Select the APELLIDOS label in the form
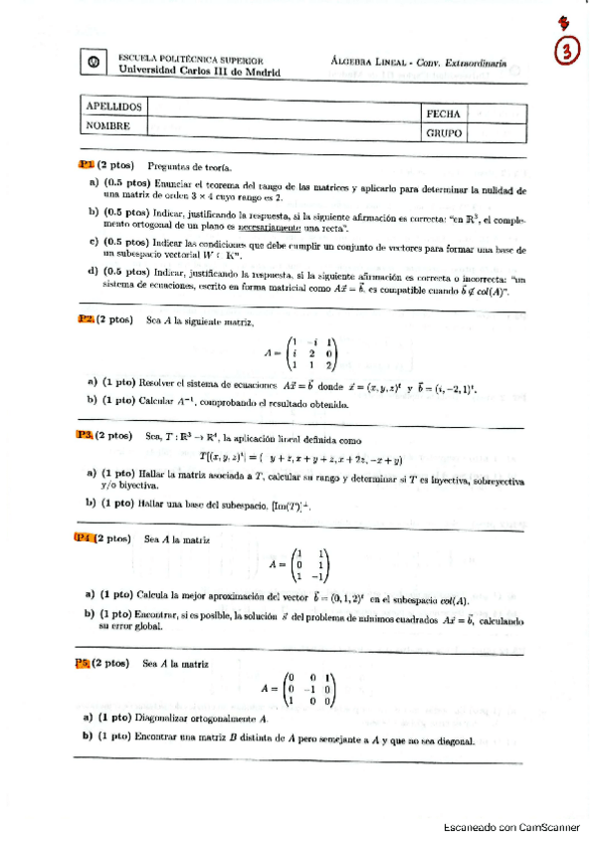coord(113,106)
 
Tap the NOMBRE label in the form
coord(108,125)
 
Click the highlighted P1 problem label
coord(88,165)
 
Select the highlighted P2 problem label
coord(88,319)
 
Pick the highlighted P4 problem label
coord(87,538)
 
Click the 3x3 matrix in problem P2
coord(310,354)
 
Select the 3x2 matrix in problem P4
coord(306,563)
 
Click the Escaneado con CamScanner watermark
coord(509,825)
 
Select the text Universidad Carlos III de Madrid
coord(199,72)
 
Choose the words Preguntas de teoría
coord(187,166)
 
